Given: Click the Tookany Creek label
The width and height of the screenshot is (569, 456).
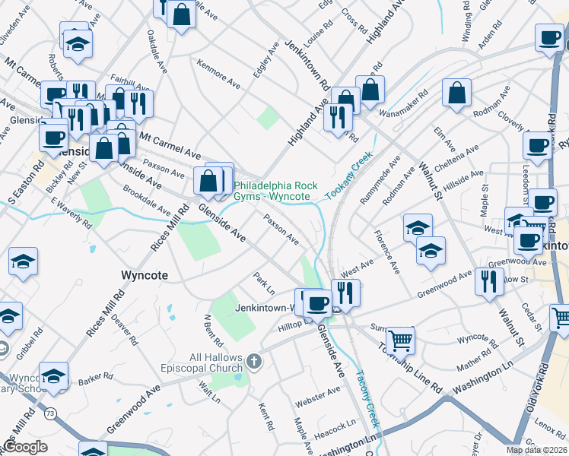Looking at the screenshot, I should tap(352, 176).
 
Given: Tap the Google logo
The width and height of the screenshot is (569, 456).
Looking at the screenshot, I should tap(25, 447).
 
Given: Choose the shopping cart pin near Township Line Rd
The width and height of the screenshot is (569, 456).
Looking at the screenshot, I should tap(399, 340).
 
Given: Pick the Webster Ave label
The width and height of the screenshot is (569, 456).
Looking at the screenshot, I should tap(318, 394).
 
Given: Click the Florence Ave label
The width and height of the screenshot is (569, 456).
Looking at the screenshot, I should tap(385, 257).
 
